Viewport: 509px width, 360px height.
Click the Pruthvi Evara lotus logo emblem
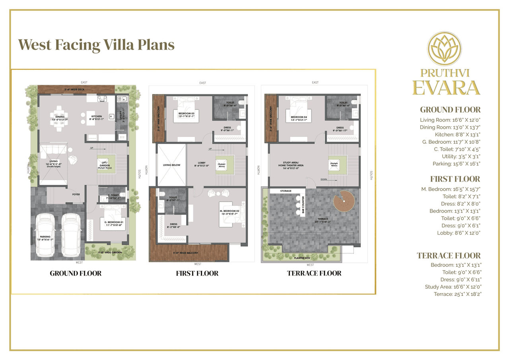(444, 49)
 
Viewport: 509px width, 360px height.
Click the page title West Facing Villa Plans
(97, 44)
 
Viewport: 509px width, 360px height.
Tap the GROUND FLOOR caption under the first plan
(76, 273)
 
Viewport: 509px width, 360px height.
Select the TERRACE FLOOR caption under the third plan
(314, 273)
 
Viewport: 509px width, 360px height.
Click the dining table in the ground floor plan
(59, 118)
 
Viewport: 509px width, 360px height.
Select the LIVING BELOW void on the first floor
(171, 164)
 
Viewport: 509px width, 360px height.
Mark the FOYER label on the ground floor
(76, 194)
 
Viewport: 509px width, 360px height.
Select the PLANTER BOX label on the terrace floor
(302, 258)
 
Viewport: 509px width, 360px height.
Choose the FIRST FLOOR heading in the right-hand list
(455, 179)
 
